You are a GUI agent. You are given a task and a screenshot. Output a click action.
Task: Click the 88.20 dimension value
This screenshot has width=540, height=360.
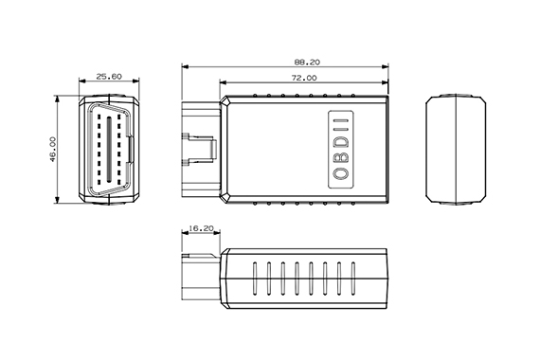point(307,63)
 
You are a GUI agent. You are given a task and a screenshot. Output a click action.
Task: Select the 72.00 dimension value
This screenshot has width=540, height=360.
point(304,79)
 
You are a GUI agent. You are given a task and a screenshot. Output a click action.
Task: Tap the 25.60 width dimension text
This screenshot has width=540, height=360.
point(109,77)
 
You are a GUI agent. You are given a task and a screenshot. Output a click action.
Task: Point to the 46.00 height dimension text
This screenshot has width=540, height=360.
point(53,149)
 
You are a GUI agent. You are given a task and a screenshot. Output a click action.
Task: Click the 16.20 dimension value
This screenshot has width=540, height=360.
point(202,228)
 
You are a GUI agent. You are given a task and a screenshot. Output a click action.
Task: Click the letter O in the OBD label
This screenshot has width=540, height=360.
point(341,173)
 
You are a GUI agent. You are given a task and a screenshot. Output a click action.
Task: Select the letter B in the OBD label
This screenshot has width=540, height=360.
point(341,158)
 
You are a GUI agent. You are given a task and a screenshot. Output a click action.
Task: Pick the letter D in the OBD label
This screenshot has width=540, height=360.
point(341,142)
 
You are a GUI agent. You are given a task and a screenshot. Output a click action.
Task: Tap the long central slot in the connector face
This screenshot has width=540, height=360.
point(109,149)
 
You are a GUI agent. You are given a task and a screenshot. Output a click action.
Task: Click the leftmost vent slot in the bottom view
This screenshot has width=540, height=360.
point(255,279)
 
